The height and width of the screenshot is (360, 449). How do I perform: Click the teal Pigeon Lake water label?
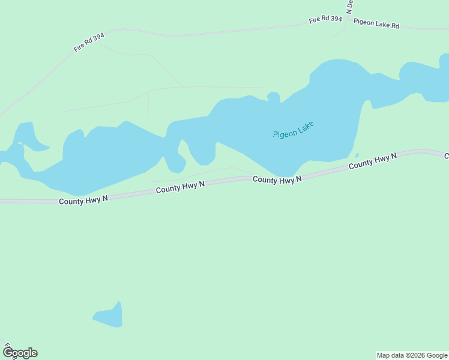pos(293,130)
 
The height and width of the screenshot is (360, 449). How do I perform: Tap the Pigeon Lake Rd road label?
pos(376,24)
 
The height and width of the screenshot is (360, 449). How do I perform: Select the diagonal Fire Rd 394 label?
pos(89,43)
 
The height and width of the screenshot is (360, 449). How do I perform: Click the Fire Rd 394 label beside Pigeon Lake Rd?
pos(325,20)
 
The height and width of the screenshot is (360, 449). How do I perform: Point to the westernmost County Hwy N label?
pos(83,200)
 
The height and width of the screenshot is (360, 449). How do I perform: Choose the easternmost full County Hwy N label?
pos(373,160)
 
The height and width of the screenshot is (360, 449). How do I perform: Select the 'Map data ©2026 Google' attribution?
pos(412,355)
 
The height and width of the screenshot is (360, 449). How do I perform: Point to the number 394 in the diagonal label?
pos(98,38)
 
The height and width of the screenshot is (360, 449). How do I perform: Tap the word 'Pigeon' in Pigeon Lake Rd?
pos(364,22)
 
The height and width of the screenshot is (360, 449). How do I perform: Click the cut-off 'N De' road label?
pos(349,7)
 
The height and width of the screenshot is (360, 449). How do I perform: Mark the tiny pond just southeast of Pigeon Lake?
pos(357,155)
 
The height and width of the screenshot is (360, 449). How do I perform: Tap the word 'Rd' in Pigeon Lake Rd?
pos(394,26)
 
